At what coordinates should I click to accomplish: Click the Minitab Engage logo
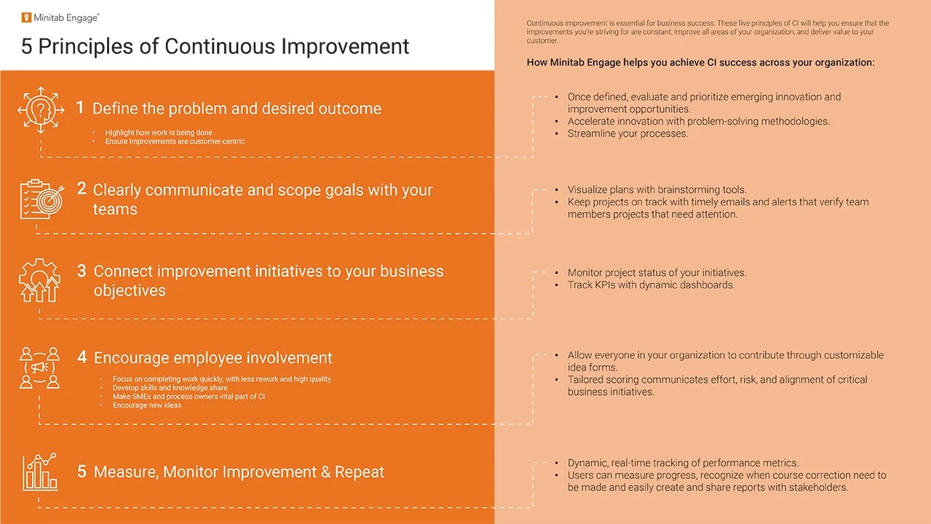(x=60, y=17)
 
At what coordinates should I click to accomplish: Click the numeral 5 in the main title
(x=26, y=47)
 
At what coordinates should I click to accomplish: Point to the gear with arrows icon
(x=39, y=280)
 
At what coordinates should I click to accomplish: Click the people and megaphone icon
(x=39, y=368)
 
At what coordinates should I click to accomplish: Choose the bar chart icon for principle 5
(x=39, y=472)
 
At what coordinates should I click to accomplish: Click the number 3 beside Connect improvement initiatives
(x=82, y=271)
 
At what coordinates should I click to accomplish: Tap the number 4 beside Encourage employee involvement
(x=82, y=357)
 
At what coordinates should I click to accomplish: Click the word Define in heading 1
(x=116, y=109)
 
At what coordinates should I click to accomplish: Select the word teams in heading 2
(x=115, y=210)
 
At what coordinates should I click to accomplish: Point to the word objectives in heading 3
(x=130, y=291)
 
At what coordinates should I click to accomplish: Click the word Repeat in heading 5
(x=359, y=472)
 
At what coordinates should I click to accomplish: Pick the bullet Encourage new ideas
(x=146, y=405)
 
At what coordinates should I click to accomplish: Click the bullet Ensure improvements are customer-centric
(x=175, y=141)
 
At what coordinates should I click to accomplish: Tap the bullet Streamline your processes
(x=627, y=134)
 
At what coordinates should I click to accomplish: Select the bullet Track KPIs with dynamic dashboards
(x=651, y=285)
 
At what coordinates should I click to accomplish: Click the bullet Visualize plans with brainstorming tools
(x=657, y=190)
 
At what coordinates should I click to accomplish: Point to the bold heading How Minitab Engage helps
(x=700, y=63)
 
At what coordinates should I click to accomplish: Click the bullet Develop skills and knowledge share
(x=170, y=388)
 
